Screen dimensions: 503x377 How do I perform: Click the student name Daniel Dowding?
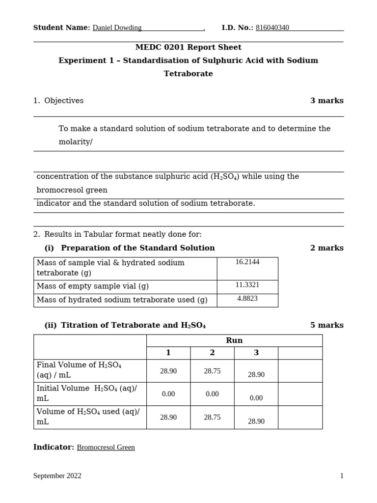point(117,28)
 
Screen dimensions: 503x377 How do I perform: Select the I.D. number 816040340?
point(272,28)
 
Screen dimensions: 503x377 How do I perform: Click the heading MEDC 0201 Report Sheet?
point(188,48)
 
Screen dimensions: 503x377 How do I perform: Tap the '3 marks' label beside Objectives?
point(326,101)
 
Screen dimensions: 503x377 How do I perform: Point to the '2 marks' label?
point(326,248)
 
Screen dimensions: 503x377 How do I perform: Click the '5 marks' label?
point(326,325)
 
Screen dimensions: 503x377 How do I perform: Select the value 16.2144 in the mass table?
point(247,262)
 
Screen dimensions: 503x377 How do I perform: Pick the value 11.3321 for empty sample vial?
point(247,285)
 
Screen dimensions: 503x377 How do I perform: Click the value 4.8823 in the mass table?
point(247,299)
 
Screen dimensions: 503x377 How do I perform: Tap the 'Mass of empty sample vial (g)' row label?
point(93,286)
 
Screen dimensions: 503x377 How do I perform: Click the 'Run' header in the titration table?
point(234,340)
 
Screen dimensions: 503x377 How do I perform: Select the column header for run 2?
point(212,353)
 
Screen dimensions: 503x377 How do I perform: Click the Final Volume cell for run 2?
point(212,371)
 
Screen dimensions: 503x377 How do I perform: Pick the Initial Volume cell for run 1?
point(168,394)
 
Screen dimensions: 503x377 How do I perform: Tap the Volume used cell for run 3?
point(256,421)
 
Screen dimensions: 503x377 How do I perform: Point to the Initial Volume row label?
point(87,393)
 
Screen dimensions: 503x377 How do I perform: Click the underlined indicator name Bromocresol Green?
point(106,447)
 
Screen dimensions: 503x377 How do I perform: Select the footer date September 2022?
point(57,476)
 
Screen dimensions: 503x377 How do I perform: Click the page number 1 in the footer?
point(342,476)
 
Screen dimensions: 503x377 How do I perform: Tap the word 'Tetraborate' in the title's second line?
point(188,74)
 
